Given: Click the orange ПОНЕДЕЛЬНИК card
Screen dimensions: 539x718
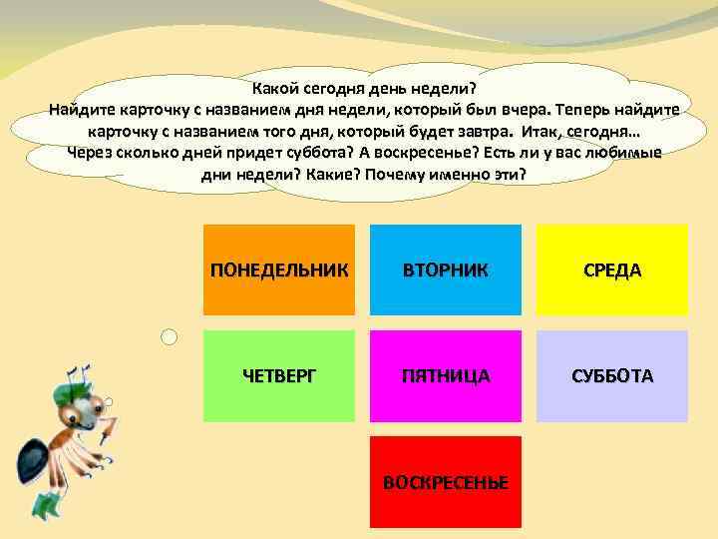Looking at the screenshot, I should tap(279, 269).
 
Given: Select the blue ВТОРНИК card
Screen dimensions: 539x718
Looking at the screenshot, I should tap(446, 269).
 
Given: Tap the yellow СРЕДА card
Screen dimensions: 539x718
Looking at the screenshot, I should tap(612, 269).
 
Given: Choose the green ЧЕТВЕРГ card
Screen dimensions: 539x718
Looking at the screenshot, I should tap(279, 375).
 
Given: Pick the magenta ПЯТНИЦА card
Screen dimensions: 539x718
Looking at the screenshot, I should tap(446, 375).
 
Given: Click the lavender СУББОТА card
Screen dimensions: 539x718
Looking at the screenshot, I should tap(612, 375).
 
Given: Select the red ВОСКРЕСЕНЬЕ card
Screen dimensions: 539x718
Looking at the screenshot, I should tap(446, 481).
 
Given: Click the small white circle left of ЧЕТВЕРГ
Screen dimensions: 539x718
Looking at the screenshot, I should tap(170, 338).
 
